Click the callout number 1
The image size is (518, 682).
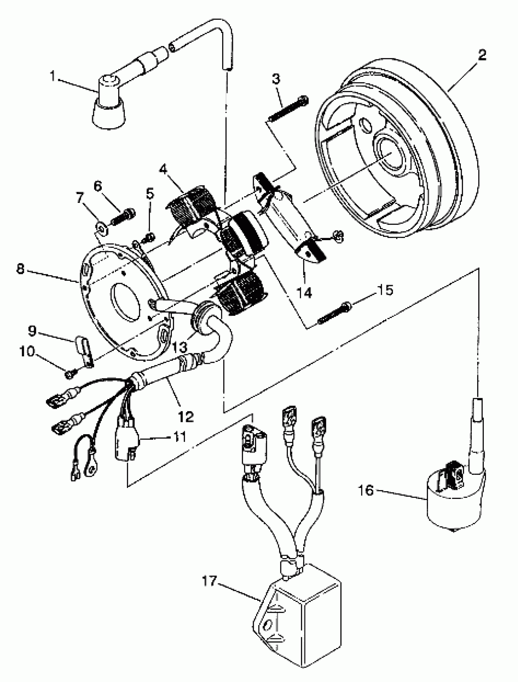[x=53, y=76]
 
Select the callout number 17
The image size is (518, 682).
[x=210, y=581]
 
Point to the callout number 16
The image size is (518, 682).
[x=366, y=490]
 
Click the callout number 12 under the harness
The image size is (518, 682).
[x=186, y=417]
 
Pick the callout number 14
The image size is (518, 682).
[x=304, y=292]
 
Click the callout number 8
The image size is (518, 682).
[x=20, y=269]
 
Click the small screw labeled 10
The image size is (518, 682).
[x=69, y=374]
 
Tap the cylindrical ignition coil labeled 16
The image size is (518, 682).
[x=453, y=506]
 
